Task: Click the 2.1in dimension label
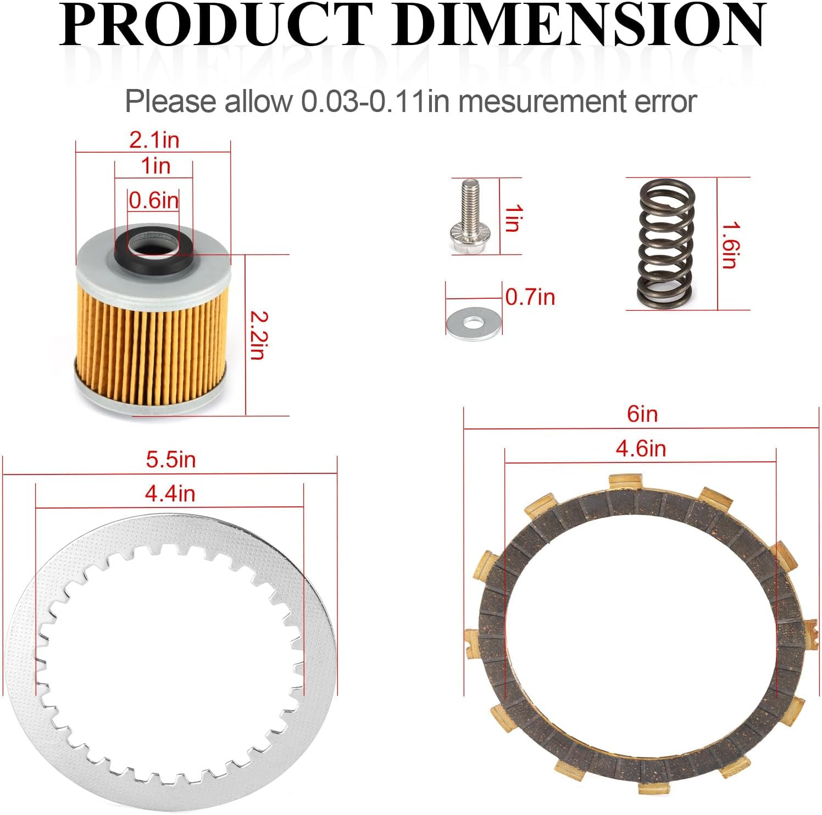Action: [x=154, y=141]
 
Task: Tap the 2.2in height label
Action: [x=257, y=335]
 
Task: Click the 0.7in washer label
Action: [x=530, y=297]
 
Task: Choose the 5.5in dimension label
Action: [x=170, y=460]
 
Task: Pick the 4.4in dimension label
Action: [x=170, y=494]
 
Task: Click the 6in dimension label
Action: [x=642, y=414]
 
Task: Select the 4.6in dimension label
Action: [x=641, y=449]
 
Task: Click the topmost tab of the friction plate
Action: [x=626, y=482]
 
